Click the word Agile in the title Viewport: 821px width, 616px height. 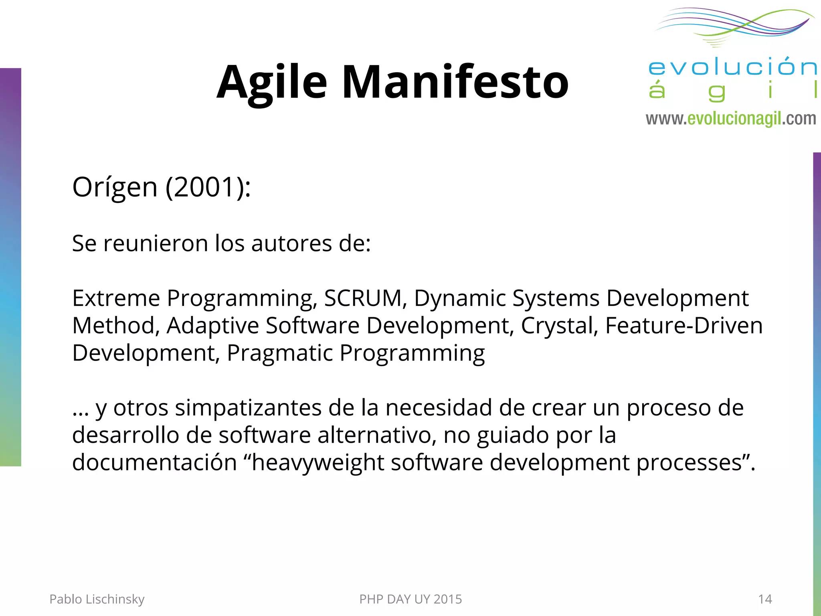[x=272, y=82]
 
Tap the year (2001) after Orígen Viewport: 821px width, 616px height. [x=208, y=187]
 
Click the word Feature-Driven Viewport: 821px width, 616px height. [x=683, y=325]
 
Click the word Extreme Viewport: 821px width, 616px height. [x=116, y=298]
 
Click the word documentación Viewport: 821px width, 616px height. [x=154, y=462]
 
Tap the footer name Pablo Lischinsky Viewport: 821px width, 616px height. [x=97, y=599]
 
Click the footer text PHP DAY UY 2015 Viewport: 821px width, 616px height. [x=410, y=599]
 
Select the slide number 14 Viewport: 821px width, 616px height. [x=765, y=599]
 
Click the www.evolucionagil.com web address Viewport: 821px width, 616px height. [x=731, y=119]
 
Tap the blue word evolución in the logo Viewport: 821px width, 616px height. [x=732, y=67]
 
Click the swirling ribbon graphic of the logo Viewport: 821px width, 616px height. [x=734, y=25]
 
